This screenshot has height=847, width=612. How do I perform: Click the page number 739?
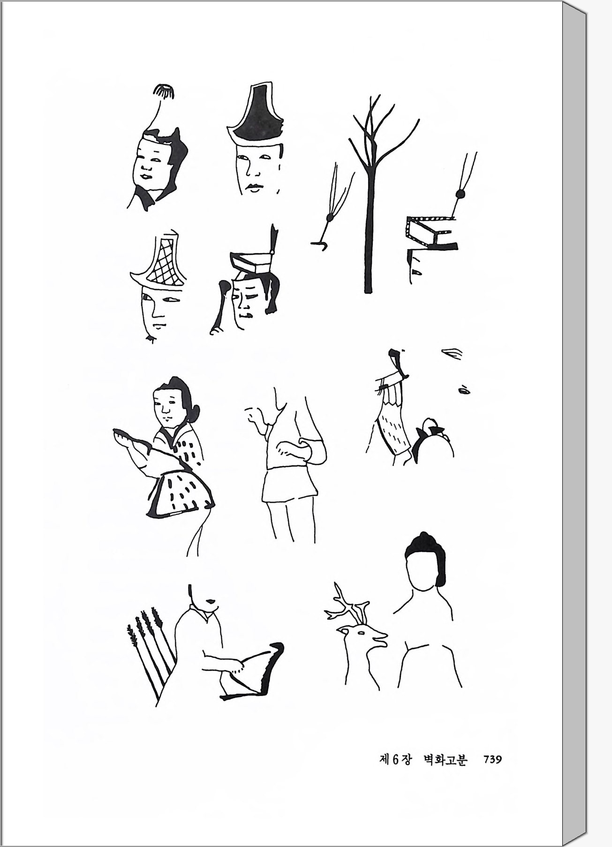click(x=492, y=759)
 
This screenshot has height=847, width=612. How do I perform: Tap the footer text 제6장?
click(x=395, y=760)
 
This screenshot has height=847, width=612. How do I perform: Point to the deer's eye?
click(x=362, y=632)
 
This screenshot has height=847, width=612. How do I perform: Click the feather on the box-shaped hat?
click(x=273, y=239)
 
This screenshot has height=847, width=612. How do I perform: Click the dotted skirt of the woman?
click(x=181, y=495)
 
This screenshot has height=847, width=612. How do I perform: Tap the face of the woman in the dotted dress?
click(x=170, y=407)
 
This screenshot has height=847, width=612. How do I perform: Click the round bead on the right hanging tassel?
click(x=460, y=194)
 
